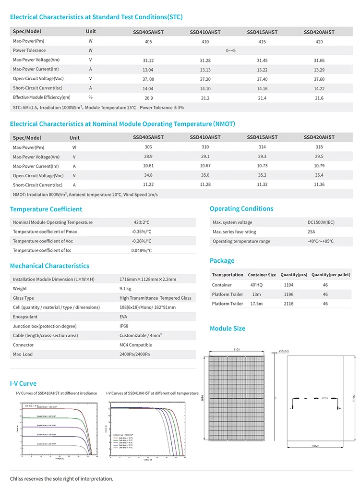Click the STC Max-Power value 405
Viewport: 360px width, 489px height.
pos(148,42)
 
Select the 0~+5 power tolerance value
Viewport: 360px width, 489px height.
pos(231,50)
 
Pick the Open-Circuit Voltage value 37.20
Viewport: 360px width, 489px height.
pos(205,79)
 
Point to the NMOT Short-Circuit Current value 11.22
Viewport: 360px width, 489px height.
pos(148,184)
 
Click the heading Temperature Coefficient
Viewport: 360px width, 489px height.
pos(46,209)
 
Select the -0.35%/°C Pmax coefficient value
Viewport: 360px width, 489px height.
pos(142,232)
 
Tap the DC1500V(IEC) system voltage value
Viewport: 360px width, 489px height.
pos(321,222)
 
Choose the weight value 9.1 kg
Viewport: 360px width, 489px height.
pos(126,289)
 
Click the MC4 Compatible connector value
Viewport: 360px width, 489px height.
pos(136,345)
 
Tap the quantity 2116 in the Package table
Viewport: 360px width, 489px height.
pos(288,304)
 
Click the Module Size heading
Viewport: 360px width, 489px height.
pos(228,329)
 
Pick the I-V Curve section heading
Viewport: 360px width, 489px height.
pos(23,383)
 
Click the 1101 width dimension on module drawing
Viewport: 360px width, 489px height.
pos(237,350)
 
